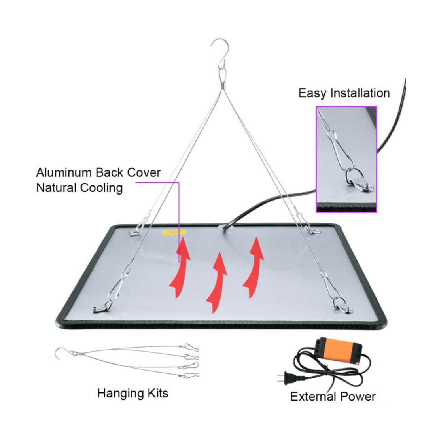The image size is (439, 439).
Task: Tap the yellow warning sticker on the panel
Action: pos(174,232)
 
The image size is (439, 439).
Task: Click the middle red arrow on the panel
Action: pos(217,282)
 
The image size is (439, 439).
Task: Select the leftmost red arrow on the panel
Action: pos(180,267)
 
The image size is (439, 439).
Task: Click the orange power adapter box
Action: pos(339,350)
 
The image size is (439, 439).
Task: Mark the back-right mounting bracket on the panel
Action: pos(314,231)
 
